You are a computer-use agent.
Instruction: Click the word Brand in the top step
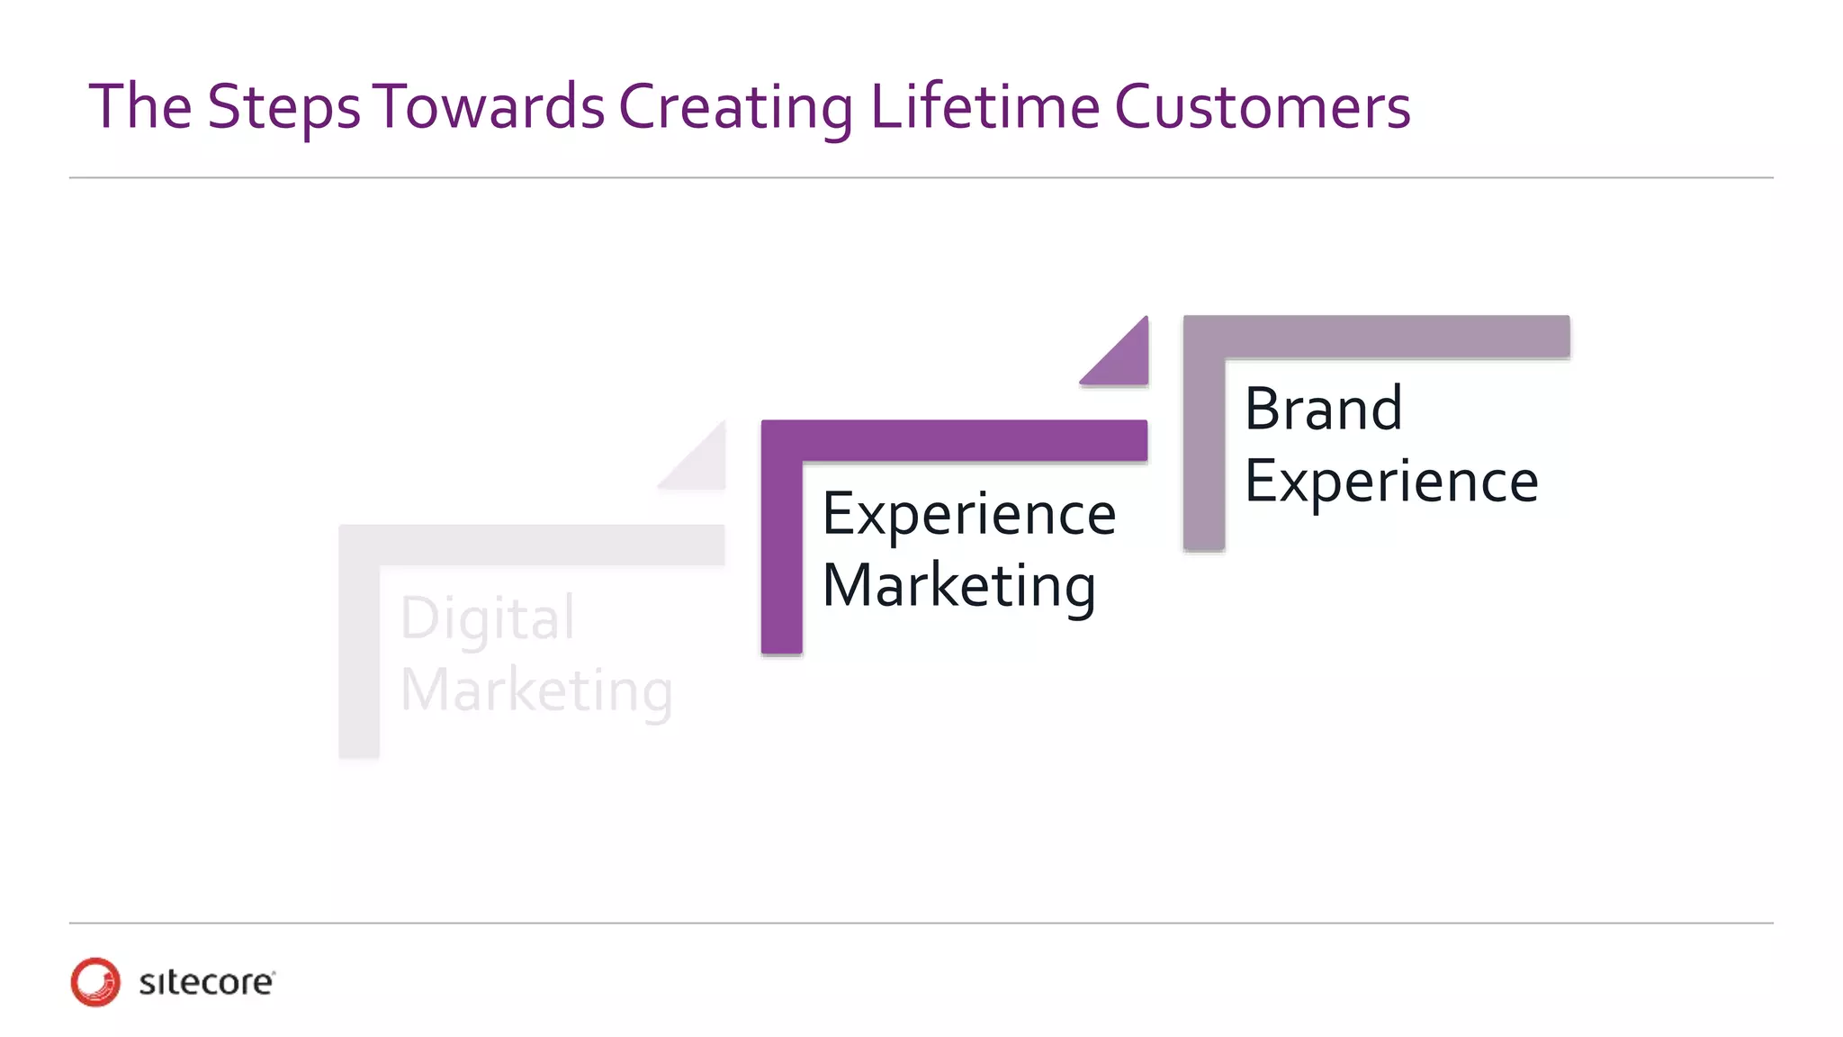(x=1323, y=410)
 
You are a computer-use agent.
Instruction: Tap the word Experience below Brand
(x=1391, y=482)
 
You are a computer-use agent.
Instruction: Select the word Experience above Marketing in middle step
(x=969, y=515)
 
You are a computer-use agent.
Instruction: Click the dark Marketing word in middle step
(x=958, y=586)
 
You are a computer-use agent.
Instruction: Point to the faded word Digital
(x=487, y=619)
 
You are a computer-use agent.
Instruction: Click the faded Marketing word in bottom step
(x=536, y=691)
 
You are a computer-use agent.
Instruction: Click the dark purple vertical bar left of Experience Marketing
(x=781, y=558)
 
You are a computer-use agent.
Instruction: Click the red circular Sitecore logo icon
(x=95, y=981)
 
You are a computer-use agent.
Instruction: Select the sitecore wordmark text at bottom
(x=206, y=982)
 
